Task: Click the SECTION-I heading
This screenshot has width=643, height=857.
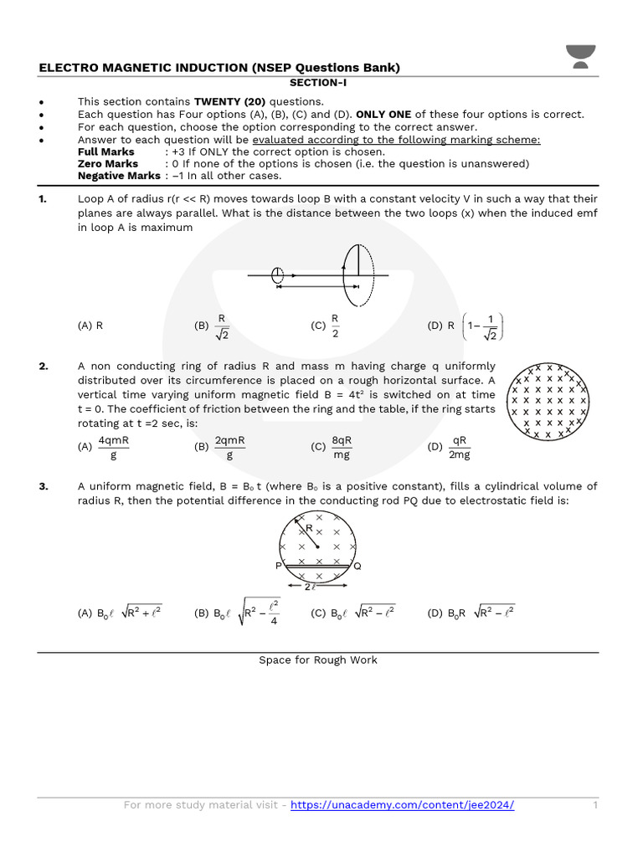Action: coord(318,83)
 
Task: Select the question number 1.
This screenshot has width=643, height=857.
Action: coord(43,199)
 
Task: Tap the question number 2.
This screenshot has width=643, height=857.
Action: coord(43,367)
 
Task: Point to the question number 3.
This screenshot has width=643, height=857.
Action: coord(43,486)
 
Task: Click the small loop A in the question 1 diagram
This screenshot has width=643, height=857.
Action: coord(277,275)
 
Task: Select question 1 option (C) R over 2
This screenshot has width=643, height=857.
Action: coord(327,326)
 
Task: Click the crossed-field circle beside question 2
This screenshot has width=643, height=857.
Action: coord(548,402)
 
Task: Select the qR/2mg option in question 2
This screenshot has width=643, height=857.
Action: coord(450,447)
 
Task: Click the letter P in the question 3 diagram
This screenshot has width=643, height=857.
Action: coord(278,567)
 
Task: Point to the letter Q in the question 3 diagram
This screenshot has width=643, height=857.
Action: coord(358,567)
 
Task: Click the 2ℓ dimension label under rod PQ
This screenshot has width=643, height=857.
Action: coord(310,588)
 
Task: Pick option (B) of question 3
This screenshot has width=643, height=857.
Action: coord(238,613)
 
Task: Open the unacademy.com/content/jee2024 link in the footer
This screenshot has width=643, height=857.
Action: coord(402,805)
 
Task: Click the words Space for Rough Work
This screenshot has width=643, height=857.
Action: coord(318,660)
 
